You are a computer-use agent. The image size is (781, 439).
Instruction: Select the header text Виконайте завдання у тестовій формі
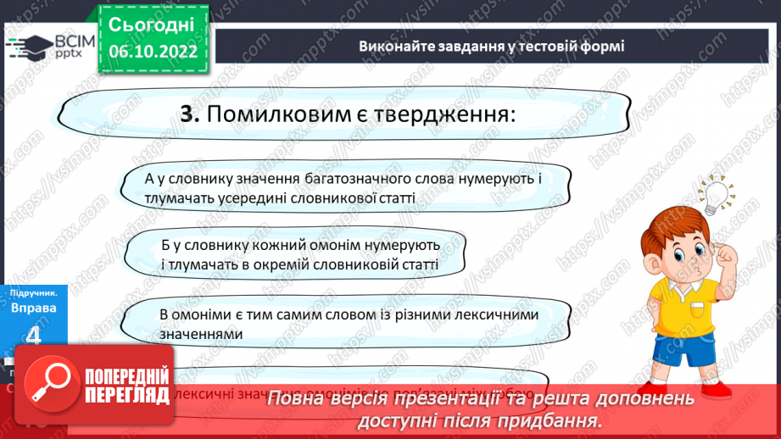point(491,46)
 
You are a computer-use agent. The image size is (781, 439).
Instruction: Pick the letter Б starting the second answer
point(166,245)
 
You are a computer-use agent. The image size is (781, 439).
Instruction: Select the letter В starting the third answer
point(164,314)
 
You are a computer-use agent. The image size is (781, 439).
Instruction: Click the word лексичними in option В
point(485,314)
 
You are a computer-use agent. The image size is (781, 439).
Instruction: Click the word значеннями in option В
point(201,334)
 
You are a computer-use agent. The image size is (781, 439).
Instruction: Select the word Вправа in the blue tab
point(34,308)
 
